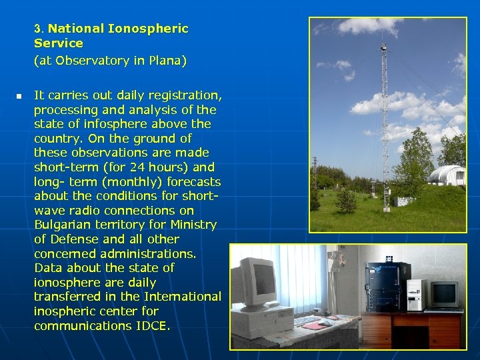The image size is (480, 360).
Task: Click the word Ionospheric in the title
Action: pos(148,29)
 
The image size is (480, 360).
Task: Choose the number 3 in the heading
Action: pos(38,29)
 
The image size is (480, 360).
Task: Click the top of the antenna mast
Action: pos(383,45)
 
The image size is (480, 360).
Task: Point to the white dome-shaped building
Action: pos(445,175)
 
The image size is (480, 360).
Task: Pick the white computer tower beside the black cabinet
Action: pos(415,294)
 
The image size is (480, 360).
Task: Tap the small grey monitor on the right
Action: pos(443,293)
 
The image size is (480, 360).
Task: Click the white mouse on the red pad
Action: pos(325,323)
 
